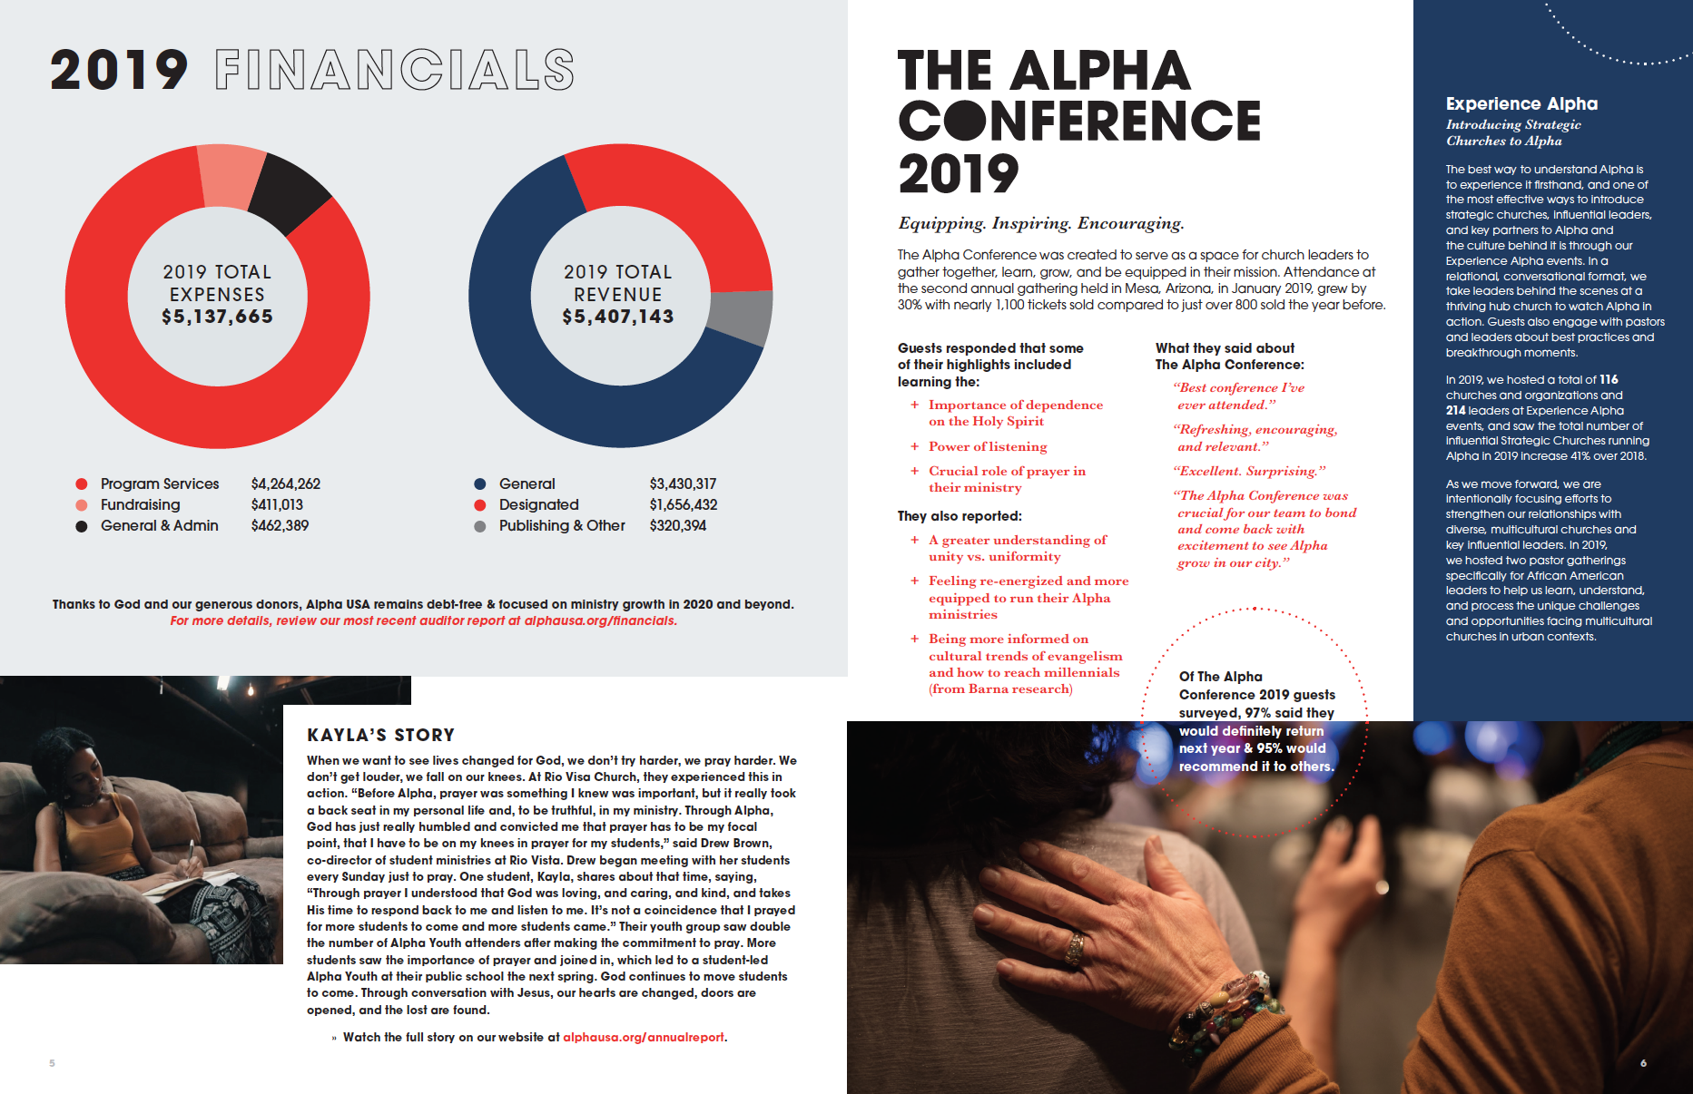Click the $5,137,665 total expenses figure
pyautogui.click(x=218, y=317)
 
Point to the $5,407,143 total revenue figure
pyautogui.click(x=618, y=317)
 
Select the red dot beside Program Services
pyautogui.click(x=82, y=484)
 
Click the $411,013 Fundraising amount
pyautogui.click(x=277, y=504)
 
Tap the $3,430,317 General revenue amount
pyautogui.click(x=683, y=484)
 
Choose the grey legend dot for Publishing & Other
pyautogui.click(x=480, y=526)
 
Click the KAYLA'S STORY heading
pyautogui.click(x=380, y=735)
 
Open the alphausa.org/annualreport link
pyautogui.click(x=644, y=1037)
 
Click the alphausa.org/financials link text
pyautogui.click(x=600, y=620)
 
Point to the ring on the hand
pyautogui.click(x=1075, y=949)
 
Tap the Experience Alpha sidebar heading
pyautogui.click(x=1521, y=103)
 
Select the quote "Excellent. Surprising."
pyautogui.click(x=1249, y=471)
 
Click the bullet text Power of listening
pyautogui.click(x=988, y=446)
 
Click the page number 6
pyautogui.click(x=1643, y=1063)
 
